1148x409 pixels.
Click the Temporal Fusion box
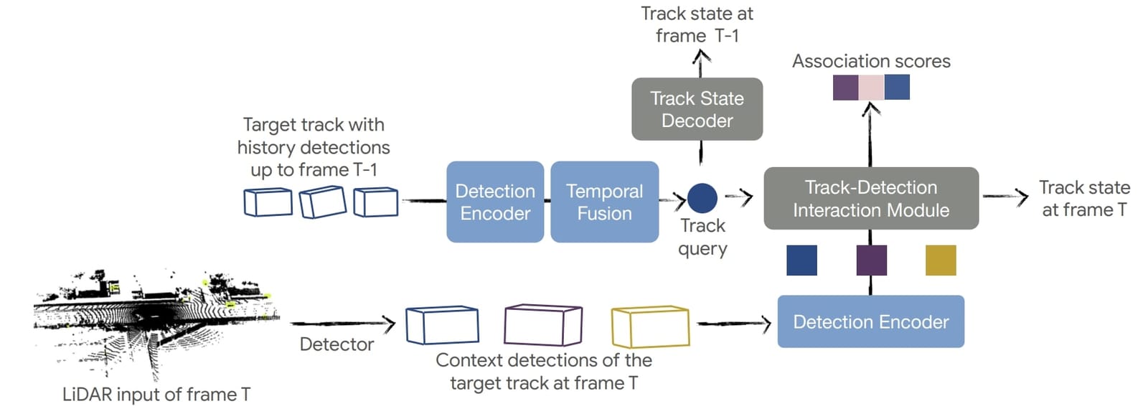click(604, 202)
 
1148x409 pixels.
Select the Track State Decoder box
click(697, 109)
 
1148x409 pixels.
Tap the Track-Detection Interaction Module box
click(870, 199)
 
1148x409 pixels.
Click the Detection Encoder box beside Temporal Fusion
click(495, 202)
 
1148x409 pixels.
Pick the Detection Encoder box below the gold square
click(870, 321)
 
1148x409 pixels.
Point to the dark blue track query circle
click(702, 198)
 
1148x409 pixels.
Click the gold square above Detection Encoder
click(941, 260)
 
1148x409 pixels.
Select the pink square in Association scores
click(871, 88)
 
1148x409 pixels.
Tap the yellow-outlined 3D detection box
click(650, 326)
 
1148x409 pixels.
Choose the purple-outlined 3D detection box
click(543, 324)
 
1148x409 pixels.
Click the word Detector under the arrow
click(337, 344)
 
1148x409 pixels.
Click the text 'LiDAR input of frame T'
click(156, 394)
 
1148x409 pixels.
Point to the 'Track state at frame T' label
click(1084, 199)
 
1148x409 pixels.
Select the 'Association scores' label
click(871, 62)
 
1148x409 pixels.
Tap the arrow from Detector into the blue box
click(342, 324)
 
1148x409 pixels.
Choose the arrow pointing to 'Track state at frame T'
click(1005, 196)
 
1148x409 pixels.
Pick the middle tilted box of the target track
click(322, 202)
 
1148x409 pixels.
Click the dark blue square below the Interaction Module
click(801, 260)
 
